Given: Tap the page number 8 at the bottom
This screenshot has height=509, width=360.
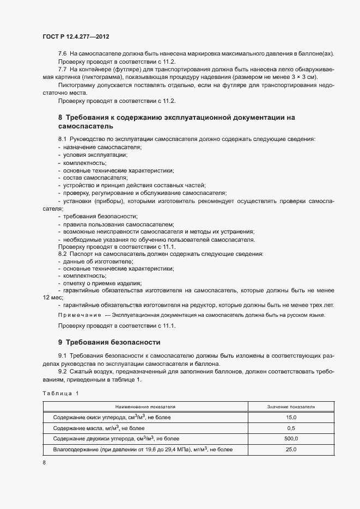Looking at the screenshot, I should point(44,463).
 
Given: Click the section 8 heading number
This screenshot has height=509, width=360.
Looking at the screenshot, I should point(60,117).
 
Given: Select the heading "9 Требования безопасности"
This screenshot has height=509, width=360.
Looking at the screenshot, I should point(109,342).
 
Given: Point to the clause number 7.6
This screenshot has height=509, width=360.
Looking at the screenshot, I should point(62,53).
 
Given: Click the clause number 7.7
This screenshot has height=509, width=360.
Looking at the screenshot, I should point(62,70).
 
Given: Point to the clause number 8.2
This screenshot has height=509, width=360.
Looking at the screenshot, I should point(62,254).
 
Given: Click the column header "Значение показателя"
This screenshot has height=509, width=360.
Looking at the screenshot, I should point(291,406).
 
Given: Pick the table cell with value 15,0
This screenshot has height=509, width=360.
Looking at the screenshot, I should point(291,417).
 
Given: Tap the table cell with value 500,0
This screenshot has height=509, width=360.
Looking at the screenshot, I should point(291,438).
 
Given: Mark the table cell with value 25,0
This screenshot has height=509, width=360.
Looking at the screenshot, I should point(291,449).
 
